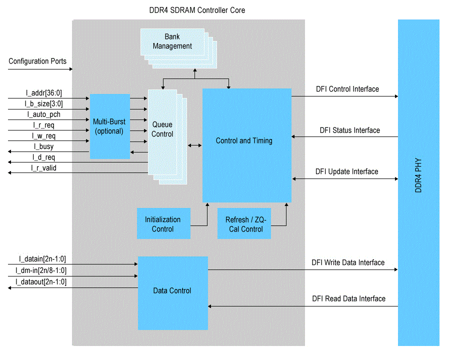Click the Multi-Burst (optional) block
point(109,126)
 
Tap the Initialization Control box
point(163,224)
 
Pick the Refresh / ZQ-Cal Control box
point(244,224)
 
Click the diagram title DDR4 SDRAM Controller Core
point(197,10)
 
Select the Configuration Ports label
point(37,61)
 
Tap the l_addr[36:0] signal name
point(44,92)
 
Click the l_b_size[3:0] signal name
point(44,103)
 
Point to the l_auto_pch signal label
point(43,114)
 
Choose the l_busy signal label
point(43,146)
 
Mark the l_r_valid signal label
point(43,168)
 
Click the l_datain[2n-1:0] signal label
point(42,259)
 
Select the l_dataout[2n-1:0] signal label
point(42,282)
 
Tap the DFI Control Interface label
point(347,89)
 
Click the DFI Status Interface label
point(350,130)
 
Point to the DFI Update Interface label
point(347,171)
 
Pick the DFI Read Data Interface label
point(349,298)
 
